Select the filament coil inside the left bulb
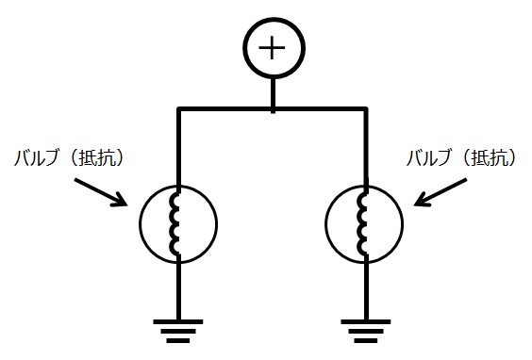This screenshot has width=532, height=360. pos(176,224)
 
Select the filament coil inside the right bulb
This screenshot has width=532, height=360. pos(363,224)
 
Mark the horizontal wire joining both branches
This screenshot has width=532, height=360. pos(226,110)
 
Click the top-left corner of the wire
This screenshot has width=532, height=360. pos(178,110)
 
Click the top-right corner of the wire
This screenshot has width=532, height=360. pos(365,110)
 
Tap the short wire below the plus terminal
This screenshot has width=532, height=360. pos(273,94)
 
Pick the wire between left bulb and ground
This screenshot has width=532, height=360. pos(178,287)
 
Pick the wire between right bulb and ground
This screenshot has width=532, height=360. pos(365,287)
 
